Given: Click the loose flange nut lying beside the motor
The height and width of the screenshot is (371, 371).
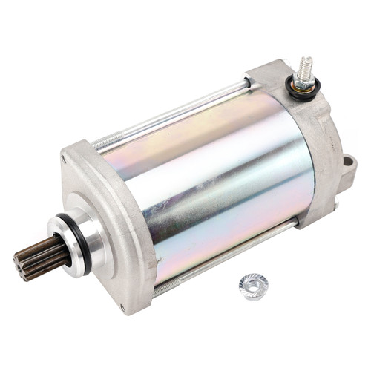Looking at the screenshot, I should [x=254, y=286].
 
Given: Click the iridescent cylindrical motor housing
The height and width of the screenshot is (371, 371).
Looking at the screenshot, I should [x=208, y=178].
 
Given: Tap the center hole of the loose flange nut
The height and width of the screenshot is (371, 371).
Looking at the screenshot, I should [x=254, y=285].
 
